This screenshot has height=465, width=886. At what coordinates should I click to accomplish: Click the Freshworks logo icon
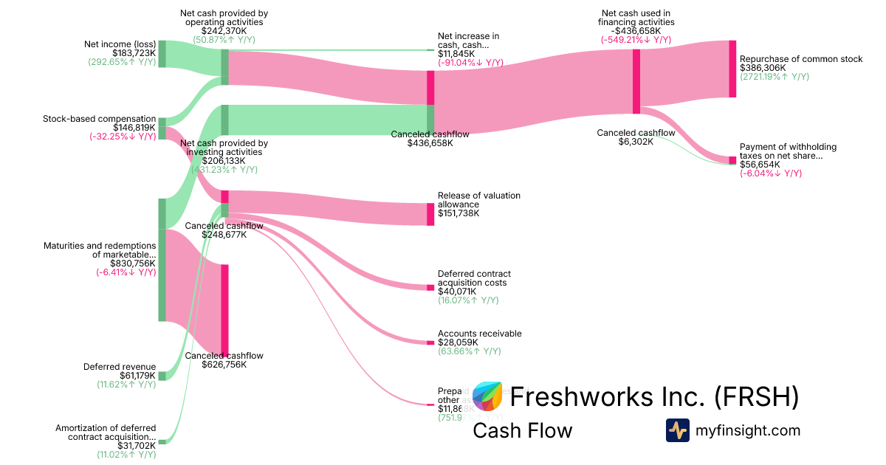pyautogui.click(x=487, y=396)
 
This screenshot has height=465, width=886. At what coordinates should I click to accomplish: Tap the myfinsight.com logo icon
pyautogui.click(x=677, y=430)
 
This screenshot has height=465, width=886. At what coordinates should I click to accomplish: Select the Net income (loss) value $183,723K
pyautogui.click(x=134, y=53)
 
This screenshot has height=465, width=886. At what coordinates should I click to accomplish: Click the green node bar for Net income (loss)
pyautogui.click(x=162, y=54)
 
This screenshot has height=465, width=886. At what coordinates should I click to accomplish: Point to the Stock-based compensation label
pyautogui.click(x=100, y=118)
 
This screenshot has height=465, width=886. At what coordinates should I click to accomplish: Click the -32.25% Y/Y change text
pyautogui.click(x=123, y=136)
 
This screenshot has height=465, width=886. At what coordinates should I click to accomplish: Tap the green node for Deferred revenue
pyautogui.click(x=162, y=376)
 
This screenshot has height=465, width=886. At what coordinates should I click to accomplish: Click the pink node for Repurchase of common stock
pyautogui.click(x=732, y=69)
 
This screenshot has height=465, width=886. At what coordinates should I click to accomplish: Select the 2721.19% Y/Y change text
pyautogui.click(x=775, y=77)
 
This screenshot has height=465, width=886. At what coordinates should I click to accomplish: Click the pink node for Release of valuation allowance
pyautogui.click(x=430, y=214)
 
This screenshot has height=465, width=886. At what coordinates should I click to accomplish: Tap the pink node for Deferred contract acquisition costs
pyautogui.click(x=430, y=287)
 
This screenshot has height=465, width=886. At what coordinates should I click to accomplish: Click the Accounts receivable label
pyautogui.click(x=479, y=334)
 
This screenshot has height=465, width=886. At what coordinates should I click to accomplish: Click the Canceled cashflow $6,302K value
pyautogui.click(x=636, y=142)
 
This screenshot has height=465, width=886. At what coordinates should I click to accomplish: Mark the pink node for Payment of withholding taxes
pyautogui.click(x=732, y=160)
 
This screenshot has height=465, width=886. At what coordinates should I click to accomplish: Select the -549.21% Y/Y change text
pyautogui.click(x=636, y=40)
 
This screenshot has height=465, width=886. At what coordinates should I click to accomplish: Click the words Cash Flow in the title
pyautogui.click(x=522, y=430)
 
